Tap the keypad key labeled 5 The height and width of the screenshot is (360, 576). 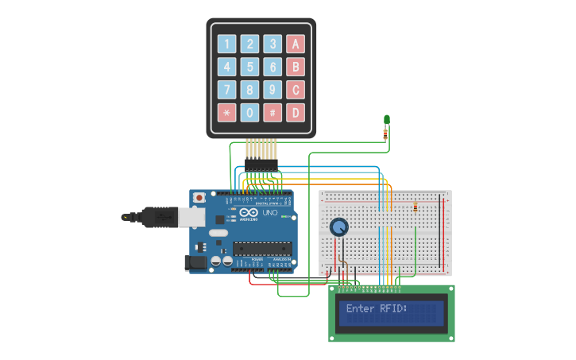coord(250,68)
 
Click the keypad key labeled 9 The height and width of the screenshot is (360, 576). coord(273,90)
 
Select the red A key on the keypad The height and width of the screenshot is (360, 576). coord(296,45)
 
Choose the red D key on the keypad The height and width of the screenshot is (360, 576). coord(296,113)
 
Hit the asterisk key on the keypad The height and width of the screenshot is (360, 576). coord(227,113)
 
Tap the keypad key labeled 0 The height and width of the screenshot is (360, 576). coord(250,113)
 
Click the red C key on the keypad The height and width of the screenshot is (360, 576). coord(296,90)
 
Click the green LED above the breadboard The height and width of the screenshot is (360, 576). coord(386,120)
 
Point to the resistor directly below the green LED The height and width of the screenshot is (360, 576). coord(386,134)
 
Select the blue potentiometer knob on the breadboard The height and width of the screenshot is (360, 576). coord(339,227)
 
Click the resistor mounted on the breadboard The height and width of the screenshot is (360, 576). coord(416,207)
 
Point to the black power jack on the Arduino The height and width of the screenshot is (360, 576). coord(195,261)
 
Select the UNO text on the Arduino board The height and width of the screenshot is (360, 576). coord(270,213)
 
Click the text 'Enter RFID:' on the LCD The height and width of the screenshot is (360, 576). coord(377,308)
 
